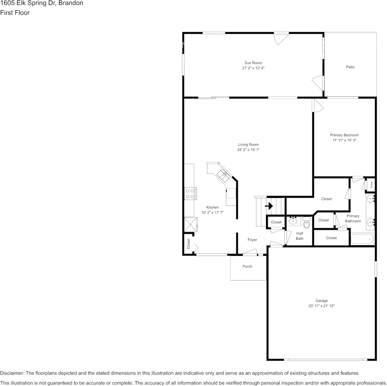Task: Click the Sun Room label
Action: tap(253, 63)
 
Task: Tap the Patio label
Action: tap(350, 67)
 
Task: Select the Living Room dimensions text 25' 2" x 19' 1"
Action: tap(248, 150)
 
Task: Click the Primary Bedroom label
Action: tap(344, 135)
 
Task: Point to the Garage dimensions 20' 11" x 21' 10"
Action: tap(321, 306)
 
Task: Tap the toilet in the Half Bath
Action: tap(306, 222)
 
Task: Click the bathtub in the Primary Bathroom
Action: tap(362, 239)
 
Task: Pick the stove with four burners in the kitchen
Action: tap(190, 193)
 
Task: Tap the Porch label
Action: tap(247, 266)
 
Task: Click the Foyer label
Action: tap(252, 240)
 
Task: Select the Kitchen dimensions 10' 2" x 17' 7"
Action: tap(212, 213)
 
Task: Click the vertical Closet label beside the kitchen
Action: tap(189, 244)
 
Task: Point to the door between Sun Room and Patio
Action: tap(319, 83)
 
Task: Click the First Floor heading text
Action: tap(15, 13)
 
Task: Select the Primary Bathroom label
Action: tap(353, 219)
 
